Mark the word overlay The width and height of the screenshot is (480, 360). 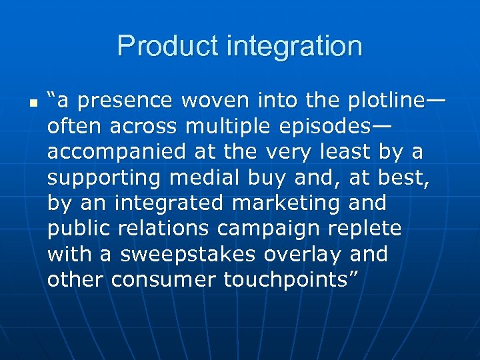coord(304,255)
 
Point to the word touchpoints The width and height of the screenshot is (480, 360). coord(290,280)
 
